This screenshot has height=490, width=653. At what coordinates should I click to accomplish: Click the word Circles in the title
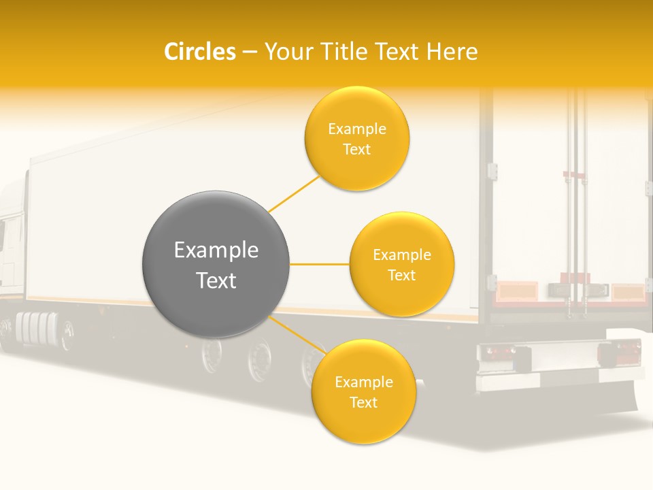[x=199, y=52]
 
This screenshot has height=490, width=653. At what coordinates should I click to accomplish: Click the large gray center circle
[x=216, y=264]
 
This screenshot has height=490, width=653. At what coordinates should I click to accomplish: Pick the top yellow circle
[x=357, y=138]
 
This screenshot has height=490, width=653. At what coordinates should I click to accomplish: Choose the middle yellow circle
[x=402, y=264]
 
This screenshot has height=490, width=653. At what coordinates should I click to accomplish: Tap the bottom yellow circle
[x=363, y=391]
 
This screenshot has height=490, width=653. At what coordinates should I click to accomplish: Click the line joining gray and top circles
[x=295, y=193]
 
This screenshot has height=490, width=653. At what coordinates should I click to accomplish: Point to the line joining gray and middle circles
[x=320, y=264]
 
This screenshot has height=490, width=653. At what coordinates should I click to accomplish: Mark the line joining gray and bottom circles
[x=297, y=335]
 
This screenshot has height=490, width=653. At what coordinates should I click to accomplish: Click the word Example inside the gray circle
[x=216, y=250]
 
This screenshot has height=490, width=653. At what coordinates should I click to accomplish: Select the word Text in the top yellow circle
[x=357, y=149]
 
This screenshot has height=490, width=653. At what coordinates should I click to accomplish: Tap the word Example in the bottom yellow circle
[x=363, y=382]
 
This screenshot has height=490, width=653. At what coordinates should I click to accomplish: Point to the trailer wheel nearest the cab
[x=212, y=354]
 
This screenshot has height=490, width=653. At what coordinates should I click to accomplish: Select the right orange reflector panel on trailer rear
[x=627, y=293]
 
